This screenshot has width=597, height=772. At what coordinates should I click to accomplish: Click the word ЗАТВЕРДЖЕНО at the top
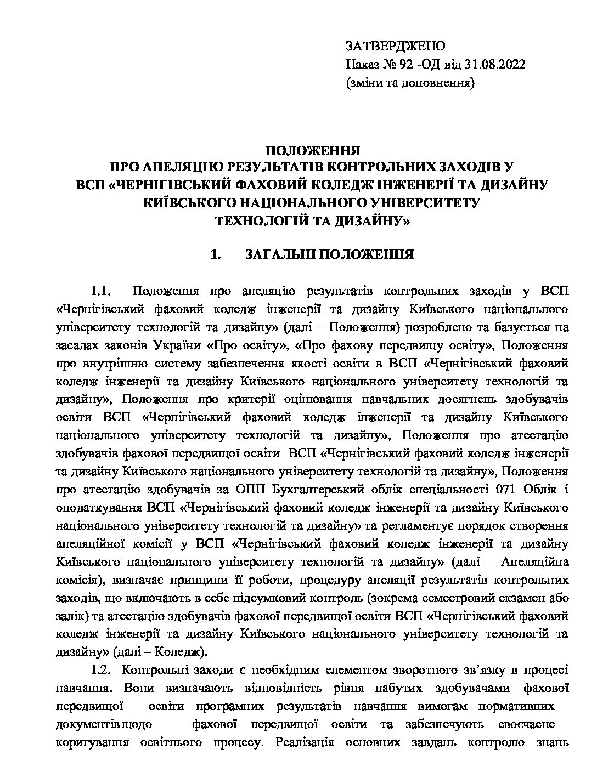[396, 46]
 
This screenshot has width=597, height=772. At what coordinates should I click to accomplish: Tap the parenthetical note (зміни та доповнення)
[410, 83]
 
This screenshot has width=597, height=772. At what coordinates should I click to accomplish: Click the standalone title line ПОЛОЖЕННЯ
[312, 150]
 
